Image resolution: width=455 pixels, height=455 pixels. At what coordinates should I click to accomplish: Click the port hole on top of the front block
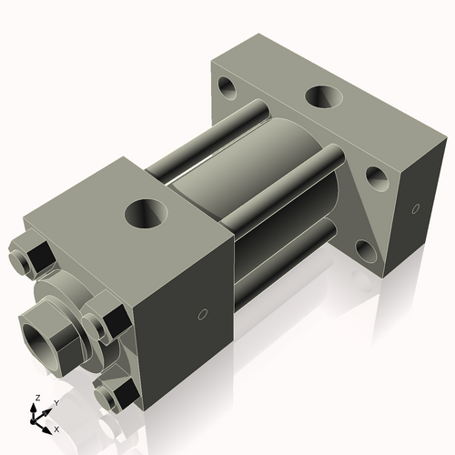coord(145,214)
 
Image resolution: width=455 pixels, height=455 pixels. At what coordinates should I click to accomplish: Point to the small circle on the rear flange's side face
coord(416,208)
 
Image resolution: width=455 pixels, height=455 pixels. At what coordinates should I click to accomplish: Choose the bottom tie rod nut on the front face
coord(114,395)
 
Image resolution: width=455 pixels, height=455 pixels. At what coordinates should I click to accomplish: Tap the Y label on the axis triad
coord(56,401)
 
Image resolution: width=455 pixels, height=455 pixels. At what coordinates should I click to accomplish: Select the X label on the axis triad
coord(56,428)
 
